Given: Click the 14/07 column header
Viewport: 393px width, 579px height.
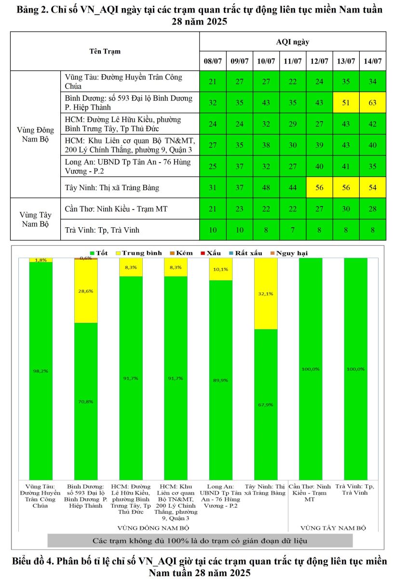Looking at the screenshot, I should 372,61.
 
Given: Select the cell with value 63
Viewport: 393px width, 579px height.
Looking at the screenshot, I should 372,102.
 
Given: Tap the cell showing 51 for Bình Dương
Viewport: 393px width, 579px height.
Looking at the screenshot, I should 346,102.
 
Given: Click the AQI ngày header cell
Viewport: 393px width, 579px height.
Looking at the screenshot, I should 292,42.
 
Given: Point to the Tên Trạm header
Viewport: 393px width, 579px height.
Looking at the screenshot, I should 105,51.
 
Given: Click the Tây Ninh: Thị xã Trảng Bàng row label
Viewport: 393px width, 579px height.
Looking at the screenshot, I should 111,187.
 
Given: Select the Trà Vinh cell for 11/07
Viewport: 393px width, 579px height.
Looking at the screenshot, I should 292,230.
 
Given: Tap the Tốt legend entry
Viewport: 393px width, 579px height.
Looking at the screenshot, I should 98,253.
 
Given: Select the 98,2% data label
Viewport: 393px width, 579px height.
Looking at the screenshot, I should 41,371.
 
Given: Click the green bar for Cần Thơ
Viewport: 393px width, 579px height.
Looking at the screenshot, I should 311,369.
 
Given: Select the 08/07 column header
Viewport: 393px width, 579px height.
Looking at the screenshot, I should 212,61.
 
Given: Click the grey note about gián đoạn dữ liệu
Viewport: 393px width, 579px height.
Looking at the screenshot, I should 200,540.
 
